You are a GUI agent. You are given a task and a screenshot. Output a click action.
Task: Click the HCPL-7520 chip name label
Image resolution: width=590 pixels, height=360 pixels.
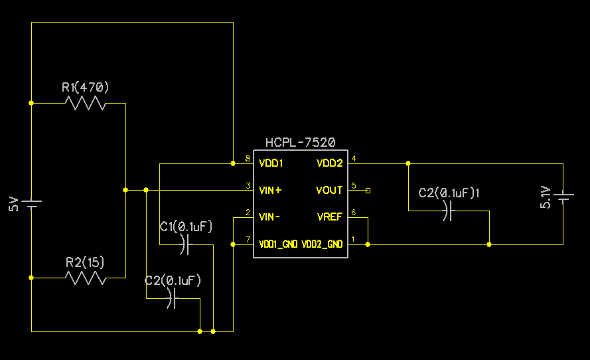pos(300,142)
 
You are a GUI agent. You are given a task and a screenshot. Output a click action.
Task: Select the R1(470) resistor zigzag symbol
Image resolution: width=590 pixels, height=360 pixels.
pos(86,104)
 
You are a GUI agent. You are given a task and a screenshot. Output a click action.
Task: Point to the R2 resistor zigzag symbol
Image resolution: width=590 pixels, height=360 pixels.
pos(86,278)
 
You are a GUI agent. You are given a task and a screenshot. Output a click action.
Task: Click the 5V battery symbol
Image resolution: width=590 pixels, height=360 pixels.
pos(31,203)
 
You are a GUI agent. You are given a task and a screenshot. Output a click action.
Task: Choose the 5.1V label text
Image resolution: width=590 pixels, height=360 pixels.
pos(546,197)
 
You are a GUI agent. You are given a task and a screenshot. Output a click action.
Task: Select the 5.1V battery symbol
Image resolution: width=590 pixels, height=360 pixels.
pos(563,197)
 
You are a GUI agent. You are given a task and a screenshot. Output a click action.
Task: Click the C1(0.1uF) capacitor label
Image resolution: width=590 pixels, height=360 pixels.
pos(186,226)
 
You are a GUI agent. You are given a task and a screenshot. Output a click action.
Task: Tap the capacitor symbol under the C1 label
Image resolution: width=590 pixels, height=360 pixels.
pos(186,245)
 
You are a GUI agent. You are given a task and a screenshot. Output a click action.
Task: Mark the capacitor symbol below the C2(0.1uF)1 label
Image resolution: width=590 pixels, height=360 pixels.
pos(448,212)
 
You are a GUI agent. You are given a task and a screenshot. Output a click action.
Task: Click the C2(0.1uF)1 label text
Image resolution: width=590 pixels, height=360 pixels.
pos(449,193)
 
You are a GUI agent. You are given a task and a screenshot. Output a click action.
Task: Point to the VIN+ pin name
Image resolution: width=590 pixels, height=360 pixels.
pos(270,190)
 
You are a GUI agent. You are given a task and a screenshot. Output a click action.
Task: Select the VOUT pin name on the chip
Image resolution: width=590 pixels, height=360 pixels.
pos(329,190)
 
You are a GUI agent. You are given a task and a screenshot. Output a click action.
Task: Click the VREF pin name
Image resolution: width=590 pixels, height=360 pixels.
pos(330,217)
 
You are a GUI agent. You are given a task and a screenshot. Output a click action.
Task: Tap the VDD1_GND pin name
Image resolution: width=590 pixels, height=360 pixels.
pos(277,244)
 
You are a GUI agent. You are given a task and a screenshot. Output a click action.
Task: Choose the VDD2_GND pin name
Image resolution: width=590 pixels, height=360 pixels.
pos(322,244)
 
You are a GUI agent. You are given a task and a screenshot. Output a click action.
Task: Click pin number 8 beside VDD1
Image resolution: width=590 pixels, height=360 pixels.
pos(248,159)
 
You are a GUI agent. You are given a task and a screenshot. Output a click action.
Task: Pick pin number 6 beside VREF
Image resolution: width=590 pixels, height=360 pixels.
pos(354,213)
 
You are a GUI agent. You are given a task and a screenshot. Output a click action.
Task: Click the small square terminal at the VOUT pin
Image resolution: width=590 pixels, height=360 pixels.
pos(368,191)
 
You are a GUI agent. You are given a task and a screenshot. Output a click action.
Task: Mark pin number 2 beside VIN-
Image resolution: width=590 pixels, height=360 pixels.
pos(248,213)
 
